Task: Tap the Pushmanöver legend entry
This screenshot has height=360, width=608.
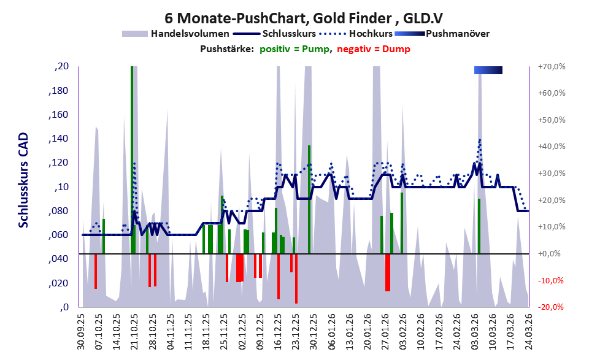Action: tap(457, 34)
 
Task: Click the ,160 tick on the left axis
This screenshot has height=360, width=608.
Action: tap(59, 115)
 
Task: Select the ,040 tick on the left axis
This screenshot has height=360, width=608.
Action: tap(59, 259)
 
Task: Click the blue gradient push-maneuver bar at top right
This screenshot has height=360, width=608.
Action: tap(488, 71)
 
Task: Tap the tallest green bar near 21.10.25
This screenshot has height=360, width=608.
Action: tap(132, 159)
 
